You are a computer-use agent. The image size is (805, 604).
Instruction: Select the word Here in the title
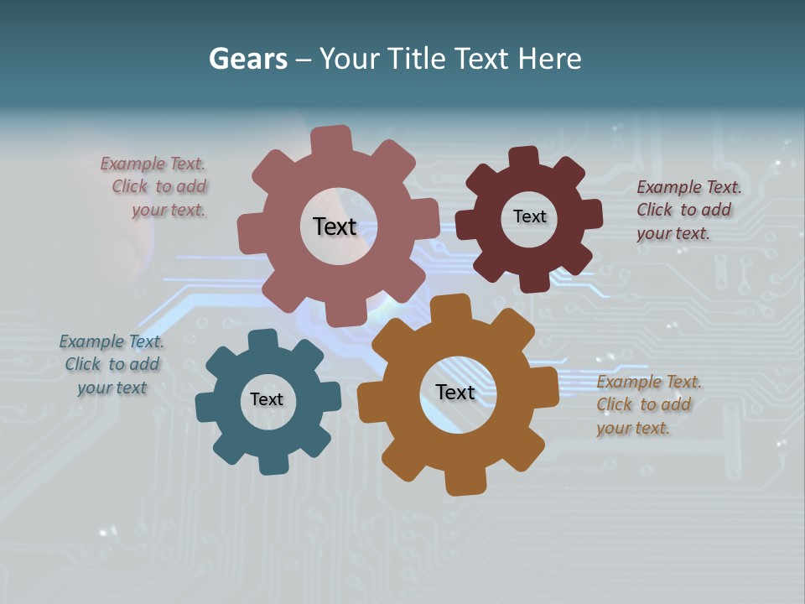pyautogui.click(x=549, y=59)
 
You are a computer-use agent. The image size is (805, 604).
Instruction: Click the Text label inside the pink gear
pyautogui.click(x=335, y=226)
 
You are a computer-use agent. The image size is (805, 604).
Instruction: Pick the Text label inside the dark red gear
pyautogui.click(x=529, y=216)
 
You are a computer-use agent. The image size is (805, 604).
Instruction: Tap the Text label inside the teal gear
pyautogui.click(x=267, y=399)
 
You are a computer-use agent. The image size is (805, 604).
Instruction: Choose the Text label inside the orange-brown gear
pyautogui.click(x=455, y=392)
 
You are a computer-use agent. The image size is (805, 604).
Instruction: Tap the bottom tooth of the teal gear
pyautogui.click(x=273, y=463)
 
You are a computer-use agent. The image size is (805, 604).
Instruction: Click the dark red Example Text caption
pyautogui.click(x=688, y=211)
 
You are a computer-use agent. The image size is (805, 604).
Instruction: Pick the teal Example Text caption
pyautogui.click(x=112, y=364)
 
